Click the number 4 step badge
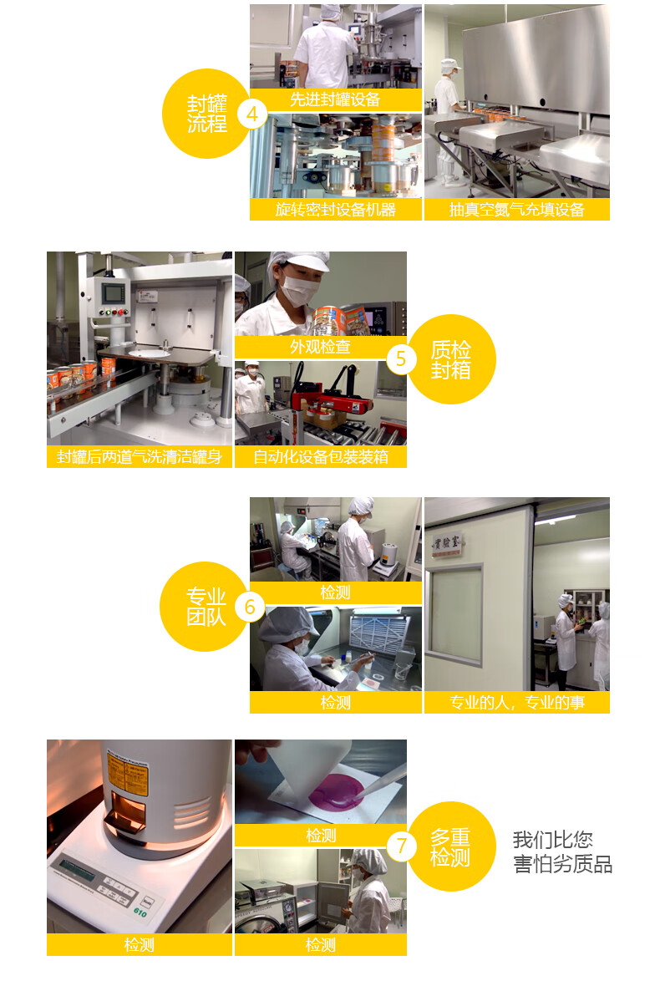tap(252, 114)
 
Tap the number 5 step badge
tap(401, 359)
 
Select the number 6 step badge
tap(250, 607)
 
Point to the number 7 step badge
tap(401, 846)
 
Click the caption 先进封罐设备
tap(335, 99)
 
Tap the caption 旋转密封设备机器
tap(335, 210)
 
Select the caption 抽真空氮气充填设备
tap(517, 210)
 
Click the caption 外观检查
tap(320, 347)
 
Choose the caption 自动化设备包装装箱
tap(320, 457)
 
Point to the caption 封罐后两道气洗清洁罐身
tap(139, 457)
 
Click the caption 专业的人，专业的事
tap(517, 703)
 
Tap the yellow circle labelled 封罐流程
tap(207, 114)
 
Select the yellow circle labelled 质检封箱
tap(451, 359)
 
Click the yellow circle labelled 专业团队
tap(206, 607)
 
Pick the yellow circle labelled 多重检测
tap(451, 846)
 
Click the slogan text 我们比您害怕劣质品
tap(562, 851)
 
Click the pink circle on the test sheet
tap(336, 791)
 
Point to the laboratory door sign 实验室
tap(447, 543)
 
